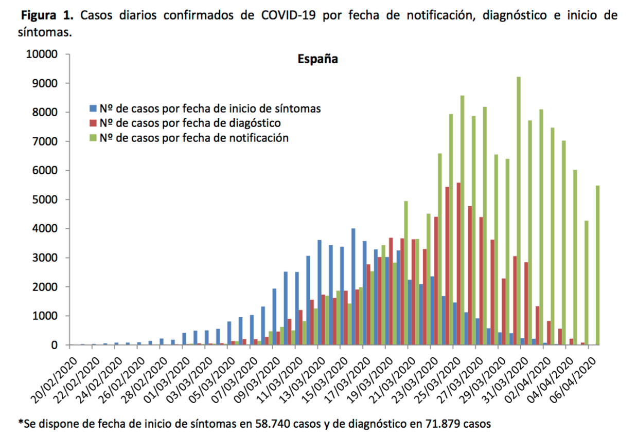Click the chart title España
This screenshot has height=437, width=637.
[317, 59]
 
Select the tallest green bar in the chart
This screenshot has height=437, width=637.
[519, 211]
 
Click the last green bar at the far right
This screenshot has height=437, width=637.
[598, 265]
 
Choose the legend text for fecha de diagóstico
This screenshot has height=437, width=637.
[190, 123]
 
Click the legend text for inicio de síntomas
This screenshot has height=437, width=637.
[210, 108]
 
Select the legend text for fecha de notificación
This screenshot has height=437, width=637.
[194, 138]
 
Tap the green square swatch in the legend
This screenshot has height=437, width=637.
[93, 138]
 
